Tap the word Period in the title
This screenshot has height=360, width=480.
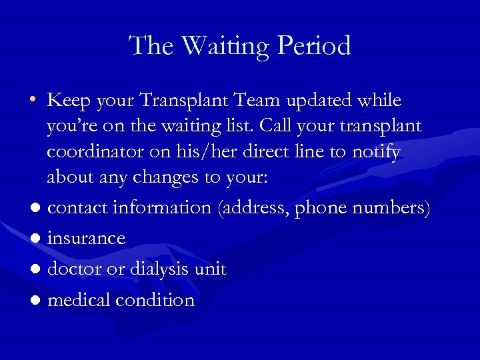click(316, 46)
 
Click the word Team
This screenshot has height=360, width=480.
click(253, 101)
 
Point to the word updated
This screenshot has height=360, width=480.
click(319, 101)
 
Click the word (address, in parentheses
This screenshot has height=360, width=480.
click(253, 208)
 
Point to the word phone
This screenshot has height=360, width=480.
click(324, 208)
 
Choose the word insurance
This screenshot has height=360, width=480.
click(87, 238)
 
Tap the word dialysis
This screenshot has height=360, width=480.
click(151, 269)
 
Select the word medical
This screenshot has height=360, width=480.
click(79, 300)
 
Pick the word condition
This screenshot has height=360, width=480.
click(155, 300)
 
